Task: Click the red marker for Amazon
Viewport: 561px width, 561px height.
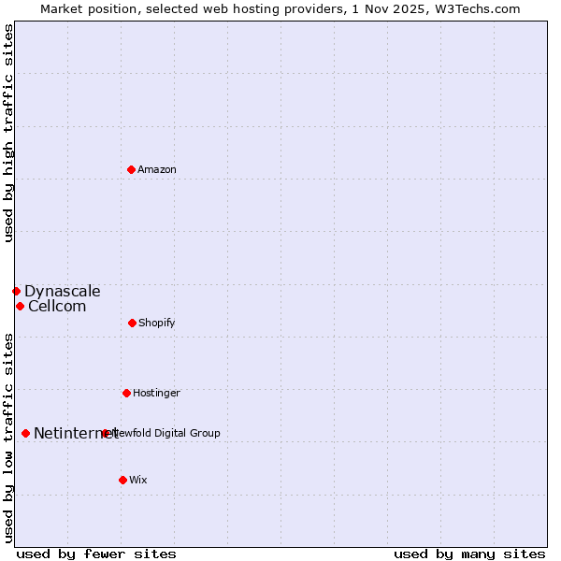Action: point(131,169)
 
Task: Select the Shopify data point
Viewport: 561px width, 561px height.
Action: point(132,323)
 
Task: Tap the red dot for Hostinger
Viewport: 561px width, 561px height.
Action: point(126,393)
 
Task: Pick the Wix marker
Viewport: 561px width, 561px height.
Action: point(122,480)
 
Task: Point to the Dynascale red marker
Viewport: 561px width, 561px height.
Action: point(16,291)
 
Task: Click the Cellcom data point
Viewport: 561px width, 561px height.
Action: point(20,306)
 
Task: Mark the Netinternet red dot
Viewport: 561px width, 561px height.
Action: point(25,433)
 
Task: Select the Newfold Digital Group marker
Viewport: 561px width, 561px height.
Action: point(105,433)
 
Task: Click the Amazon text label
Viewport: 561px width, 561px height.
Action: point(157,169)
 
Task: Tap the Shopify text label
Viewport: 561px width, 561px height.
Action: point(157,323)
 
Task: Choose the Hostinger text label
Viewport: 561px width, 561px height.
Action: point(156,393)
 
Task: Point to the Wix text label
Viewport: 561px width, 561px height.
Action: point(138,480)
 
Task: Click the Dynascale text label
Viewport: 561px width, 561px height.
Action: point(63,291)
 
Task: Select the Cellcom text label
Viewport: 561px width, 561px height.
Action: point(57,306)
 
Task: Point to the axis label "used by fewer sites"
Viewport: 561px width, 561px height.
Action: point(96,554)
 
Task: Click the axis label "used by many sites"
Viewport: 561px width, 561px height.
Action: point(469,554)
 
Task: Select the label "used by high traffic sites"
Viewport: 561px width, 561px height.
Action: point(8,133)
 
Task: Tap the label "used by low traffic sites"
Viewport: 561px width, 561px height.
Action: point(8,438)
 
